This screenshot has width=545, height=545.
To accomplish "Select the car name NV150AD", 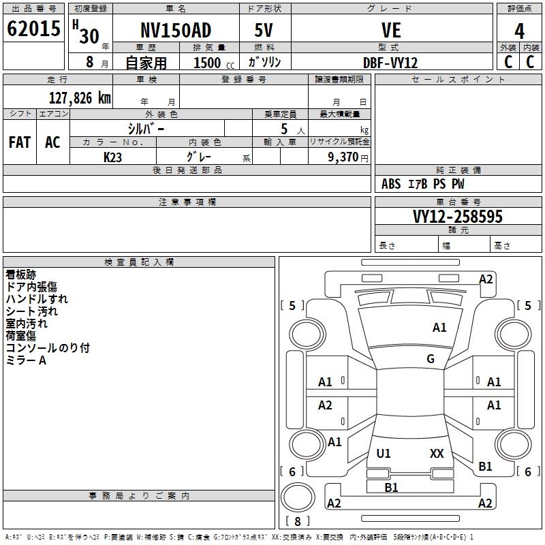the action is point(176,30).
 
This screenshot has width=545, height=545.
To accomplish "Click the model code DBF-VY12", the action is point(390,63).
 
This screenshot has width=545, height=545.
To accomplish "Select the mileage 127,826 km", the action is point(79,97).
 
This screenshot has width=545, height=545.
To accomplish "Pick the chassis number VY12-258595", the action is point(458,217).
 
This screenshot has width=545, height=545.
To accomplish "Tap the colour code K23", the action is point(113,156).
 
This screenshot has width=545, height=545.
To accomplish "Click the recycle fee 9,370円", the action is point(347,157).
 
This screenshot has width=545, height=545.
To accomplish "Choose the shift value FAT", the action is point(20,142).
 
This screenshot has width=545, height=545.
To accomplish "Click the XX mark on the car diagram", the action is point(437,453).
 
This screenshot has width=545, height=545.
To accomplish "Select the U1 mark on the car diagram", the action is point(384,453).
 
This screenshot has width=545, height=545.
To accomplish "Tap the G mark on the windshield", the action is point(431,359).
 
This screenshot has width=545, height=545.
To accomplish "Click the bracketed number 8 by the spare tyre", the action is point(297,522).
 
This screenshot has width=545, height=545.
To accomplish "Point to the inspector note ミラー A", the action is point(26,360).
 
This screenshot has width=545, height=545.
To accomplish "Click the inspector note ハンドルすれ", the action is point(37,299).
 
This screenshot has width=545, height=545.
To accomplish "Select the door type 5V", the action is point(265,30).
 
